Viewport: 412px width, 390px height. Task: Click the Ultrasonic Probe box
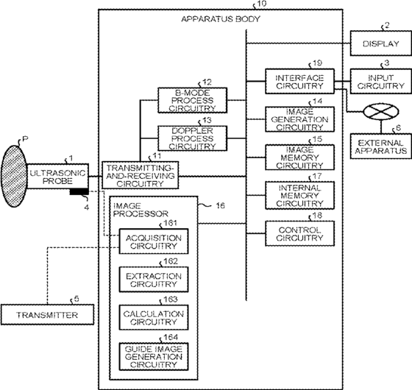point(57,177)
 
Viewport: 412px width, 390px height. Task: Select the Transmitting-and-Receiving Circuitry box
point(141,175)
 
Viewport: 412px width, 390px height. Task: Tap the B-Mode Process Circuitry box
point(192,100)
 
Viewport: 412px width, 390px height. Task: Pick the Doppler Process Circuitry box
point(192,138)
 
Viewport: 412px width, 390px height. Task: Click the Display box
point(381,43)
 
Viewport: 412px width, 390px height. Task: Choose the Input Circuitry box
point(381,82)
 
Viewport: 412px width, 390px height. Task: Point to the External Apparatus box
point(381,146)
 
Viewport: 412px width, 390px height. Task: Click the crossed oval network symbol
point(381,112)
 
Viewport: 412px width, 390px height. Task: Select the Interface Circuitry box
point(300,82)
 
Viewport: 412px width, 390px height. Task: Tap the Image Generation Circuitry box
point(300,119)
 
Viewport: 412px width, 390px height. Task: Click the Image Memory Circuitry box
point(300,157)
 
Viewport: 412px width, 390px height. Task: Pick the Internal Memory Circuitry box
point(300,195)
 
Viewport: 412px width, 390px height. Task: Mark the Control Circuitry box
point(300,233)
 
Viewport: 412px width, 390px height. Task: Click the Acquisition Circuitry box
point(154,241)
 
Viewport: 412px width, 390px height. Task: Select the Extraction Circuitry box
point(154,280)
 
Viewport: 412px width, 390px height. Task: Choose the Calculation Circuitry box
point(154,317)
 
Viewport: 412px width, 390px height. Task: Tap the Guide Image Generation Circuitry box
point(154,357)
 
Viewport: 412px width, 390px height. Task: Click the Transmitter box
point(47,315)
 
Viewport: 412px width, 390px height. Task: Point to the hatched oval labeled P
point(14,177)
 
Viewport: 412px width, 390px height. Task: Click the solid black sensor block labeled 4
point(79,192)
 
